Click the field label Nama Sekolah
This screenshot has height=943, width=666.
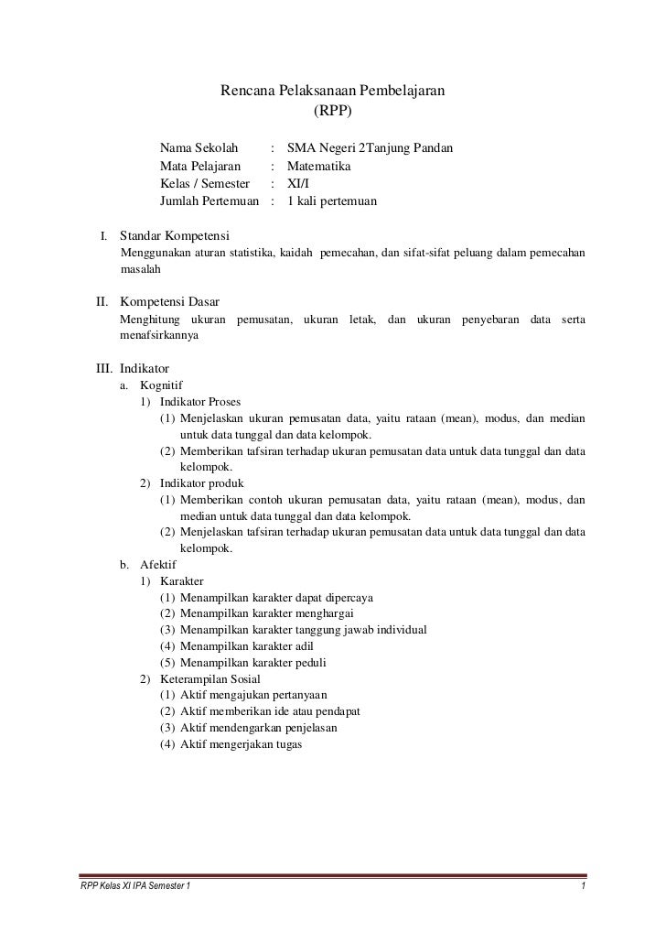199,147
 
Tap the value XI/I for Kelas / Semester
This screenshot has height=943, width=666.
297,184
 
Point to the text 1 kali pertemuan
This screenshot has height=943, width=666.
331,201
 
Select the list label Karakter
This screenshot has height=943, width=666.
181,581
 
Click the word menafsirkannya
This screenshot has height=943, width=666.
158,335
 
